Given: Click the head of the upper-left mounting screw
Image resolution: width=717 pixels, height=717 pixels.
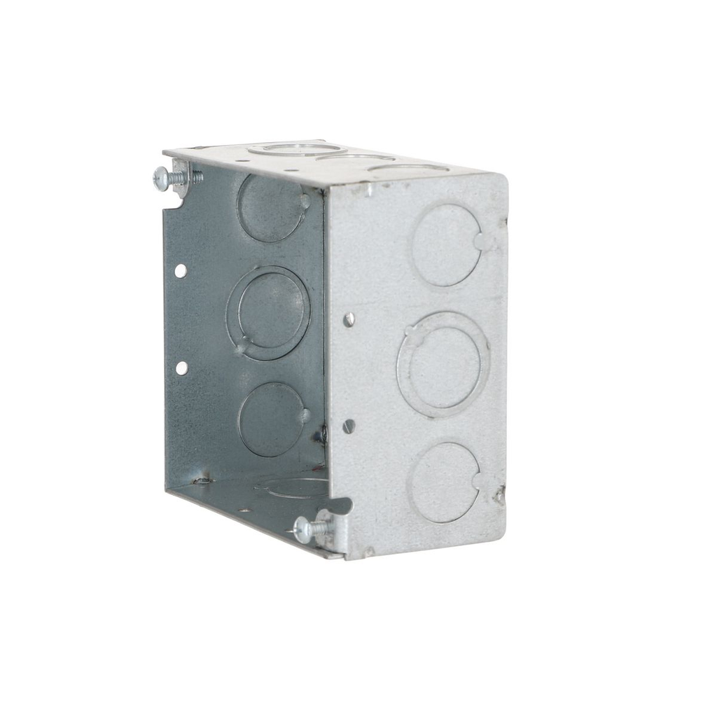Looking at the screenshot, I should tap(160, 179).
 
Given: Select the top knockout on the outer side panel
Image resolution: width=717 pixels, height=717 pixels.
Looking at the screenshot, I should tap(446, 244).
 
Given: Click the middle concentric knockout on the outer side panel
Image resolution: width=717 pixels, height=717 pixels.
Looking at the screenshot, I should tap(443, 364).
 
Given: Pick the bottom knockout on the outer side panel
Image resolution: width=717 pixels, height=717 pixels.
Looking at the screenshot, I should tap(444, 482).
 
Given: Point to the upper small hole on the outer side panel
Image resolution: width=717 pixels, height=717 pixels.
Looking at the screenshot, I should tap(349, 319).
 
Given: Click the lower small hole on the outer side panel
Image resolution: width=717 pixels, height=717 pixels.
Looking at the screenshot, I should tap(349, 425).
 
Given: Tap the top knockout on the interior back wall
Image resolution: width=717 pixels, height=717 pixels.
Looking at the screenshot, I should tap(271, 208).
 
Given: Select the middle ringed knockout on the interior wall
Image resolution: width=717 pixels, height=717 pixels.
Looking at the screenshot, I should tap(268, 313).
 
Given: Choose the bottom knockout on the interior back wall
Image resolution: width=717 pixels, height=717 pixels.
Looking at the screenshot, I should tap(271, 419).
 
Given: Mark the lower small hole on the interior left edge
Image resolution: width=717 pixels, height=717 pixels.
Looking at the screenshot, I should tap(181, 368).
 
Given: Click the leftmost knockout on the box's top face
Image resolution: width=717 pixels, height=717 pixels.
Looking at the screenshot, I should tap(296, 148).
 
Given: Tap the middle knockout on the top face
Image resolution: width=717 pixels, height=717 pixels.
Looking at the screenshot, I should tap(355, 158).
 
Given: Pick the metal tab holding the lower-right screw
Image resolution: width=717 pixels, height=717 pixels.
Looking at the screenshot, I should tap(328, 525).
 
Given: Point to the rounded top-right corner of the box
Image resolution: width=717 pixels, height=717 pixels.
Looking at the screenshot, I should tap(499, 181).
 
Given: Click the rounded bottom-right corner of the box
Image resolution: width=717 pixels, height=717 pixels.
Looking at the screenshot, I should tap(495, 530).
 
